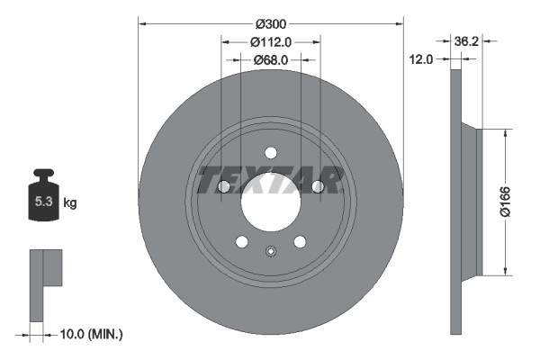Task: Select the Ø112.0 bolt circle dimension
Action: (270, 41)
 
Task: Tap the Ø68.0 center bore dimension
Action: (270, 59)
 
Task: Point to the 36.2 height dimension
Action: (465, 41)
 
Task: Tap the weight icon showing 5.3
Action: (43, 200)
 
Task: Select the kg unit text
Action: (70, 203)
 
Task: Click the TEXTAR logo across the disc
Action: (270, 180)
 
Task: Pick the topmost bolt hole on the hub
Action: (271, 152)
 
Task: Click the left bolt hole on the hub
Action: (224, 186)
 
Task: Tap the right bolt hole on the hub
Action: (318, 186)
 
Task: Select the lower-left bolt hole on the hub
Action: (241, 241)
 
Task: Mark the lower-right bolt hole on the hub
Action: (300, 241)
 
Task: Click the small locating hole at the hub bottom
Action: (271, 251)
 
